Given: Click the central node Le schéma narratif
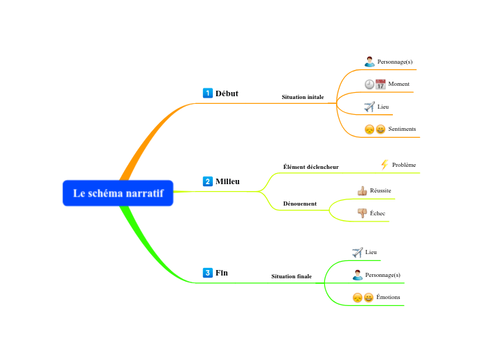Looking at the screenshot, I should [x=118, y=193].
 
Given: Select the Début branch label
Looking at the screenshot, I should [x=227, y=93].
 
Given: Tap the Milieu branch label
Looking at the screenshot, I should [x=227, y=181].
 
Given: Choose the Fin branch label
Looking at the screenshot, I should [x=222, y=273].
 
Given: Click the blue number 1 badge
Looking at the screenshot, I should [x=207, y=93].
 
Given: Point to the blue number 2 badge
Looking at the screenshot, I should [x=207, y=181].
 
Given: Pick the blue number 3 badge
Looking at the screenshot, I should [x=207, y=273].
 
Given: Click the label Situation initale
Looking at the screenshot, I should [x=302, y=98].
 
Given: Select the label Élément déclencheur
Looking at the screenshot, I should [x=310, y=167].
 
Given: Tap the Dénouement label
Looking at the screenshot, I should [x=299, y=204].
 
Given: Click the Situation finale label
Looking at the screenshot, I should [x=291, y=276].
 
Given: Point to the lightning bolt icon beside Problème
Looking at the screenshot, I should [x=385, y=165].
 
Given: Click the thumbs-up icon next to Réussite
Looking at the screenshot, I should [x=362, y=190].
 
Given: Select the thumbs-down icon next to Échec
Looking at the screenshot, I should [x=362, y=213].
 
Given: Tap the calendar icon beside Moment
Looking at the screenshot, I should [x=380, y=84].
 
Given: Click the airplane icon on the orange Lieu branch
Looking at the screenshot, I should [x=369, y=107].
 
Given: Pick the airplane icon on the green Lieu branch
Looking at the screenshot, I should [x=358, y=253].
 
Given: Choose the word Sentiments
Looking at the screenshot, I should [x=402, y=129].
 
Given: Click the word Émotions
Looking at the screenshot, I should [x=388, y=298].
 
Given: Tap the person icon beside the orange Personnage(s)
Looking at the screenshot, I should [x=369, y=62].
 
